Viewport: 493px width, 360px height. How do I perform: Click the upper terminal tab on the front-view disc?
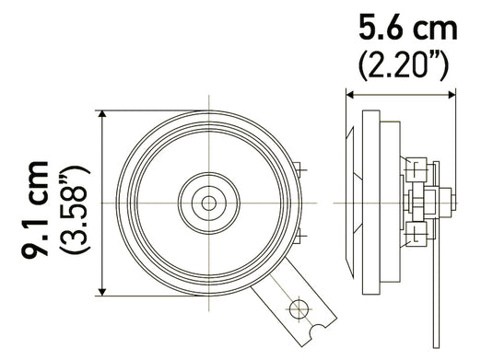point(302,168)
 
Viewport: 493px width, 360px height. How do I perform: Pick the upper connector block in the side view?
point(420,173)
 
